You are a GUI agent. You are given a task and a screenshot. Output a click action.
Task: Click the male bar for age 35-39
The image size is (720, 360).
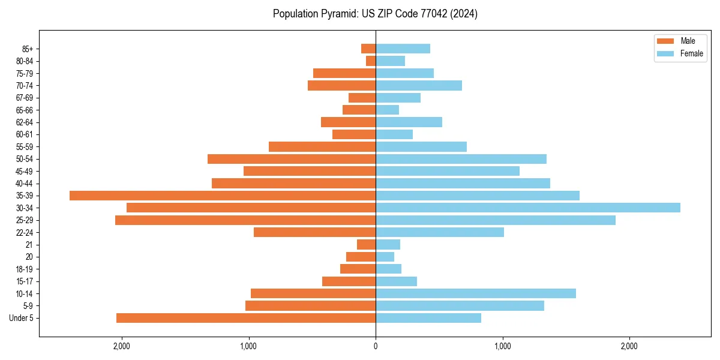click(223, 196)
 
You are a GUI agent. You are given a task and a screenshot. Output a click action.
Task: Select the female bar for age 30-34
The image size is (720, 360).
click(528, 208)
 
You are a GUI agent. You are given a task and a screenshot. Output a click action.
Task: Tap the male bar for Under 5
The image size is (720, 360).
click(246, 318)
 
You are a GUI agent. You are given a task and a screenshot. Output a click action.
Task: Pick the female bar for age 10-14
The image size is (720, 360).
click(476, 293)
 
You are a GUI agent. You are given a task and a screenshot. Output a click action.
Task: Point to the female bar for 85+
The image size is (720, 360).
click(403, 49)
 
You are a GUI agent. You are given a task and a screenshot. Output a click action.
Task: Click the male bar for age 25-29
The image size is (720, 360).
click(245, 220)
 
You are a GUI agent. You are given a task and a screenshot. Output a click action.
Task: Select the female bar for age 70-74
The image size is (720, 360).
click(419, 85)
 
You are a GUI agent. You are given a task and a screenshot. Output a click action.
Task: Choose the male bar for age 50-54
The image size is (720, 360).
click(292, 159)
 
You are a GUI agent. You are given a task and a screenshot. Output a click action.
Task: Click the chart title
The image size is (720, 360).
click(375, 14)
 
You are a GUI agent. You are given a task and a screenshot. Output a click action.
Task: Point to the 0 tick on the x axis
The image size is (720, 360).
click(376, 346)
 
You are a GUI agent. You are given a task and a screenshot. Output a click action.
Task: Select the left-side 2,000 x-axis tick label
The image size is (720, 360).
click(122, 346)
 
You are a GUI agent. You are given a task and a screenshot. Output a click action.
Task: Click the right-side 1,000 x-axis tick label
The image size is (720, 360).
click(502, 346)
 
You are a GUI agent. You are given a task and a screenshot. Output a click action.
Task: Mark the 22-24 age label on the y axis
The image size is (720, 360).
click(25, 233)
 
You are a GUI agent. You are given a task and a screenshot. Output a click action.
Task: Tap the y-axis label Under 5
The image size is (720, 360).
click(22, 318)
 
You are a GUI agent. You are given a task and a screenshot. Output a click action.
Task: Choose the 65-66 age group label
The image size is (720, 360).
click(25, 110)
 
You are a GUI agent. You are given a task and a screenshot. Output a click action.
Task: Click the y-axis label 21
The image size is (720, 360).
click(29, 245)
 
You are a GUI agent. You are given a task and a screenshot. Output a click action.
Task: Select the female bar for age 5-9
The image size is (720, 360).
click(460, 306)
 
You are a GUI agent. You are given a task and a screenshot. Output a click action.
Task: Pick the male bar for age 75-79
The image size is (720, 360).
click(344, 73)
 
